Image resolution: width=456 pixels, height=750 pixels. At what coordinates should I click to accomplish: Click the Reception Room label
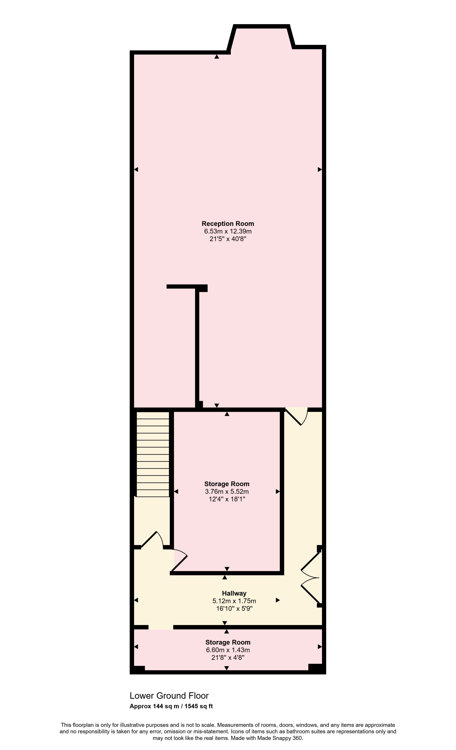click(228, 224)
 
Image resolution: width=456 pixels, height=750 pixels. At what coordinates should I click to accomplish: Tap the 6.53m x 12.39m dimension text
click(228, 231)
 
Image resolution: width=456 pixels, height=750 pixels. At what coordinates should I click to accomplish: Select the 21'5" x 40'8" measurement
click(228, 239)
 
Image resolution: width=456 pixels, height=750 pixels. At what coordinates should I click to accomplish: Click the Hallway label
click(234, 593)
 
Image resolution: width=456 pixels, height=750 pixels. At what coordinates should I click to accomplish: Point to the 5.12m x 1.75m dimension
click(234, 601)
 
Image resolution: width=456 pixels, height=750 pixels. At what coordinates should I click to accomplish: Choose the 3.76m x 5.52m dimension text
click(227, 492)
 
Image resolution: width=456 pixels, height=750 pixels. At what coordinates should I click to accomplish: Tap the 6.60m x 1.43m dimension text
click(228, 650)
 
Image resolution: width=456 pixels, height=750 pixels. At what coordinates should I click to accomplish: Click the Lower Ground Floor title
click(169, 696)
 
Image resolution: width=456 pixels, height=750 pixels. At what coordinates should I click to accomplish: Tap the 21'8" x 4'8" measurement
click(228, 657)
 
